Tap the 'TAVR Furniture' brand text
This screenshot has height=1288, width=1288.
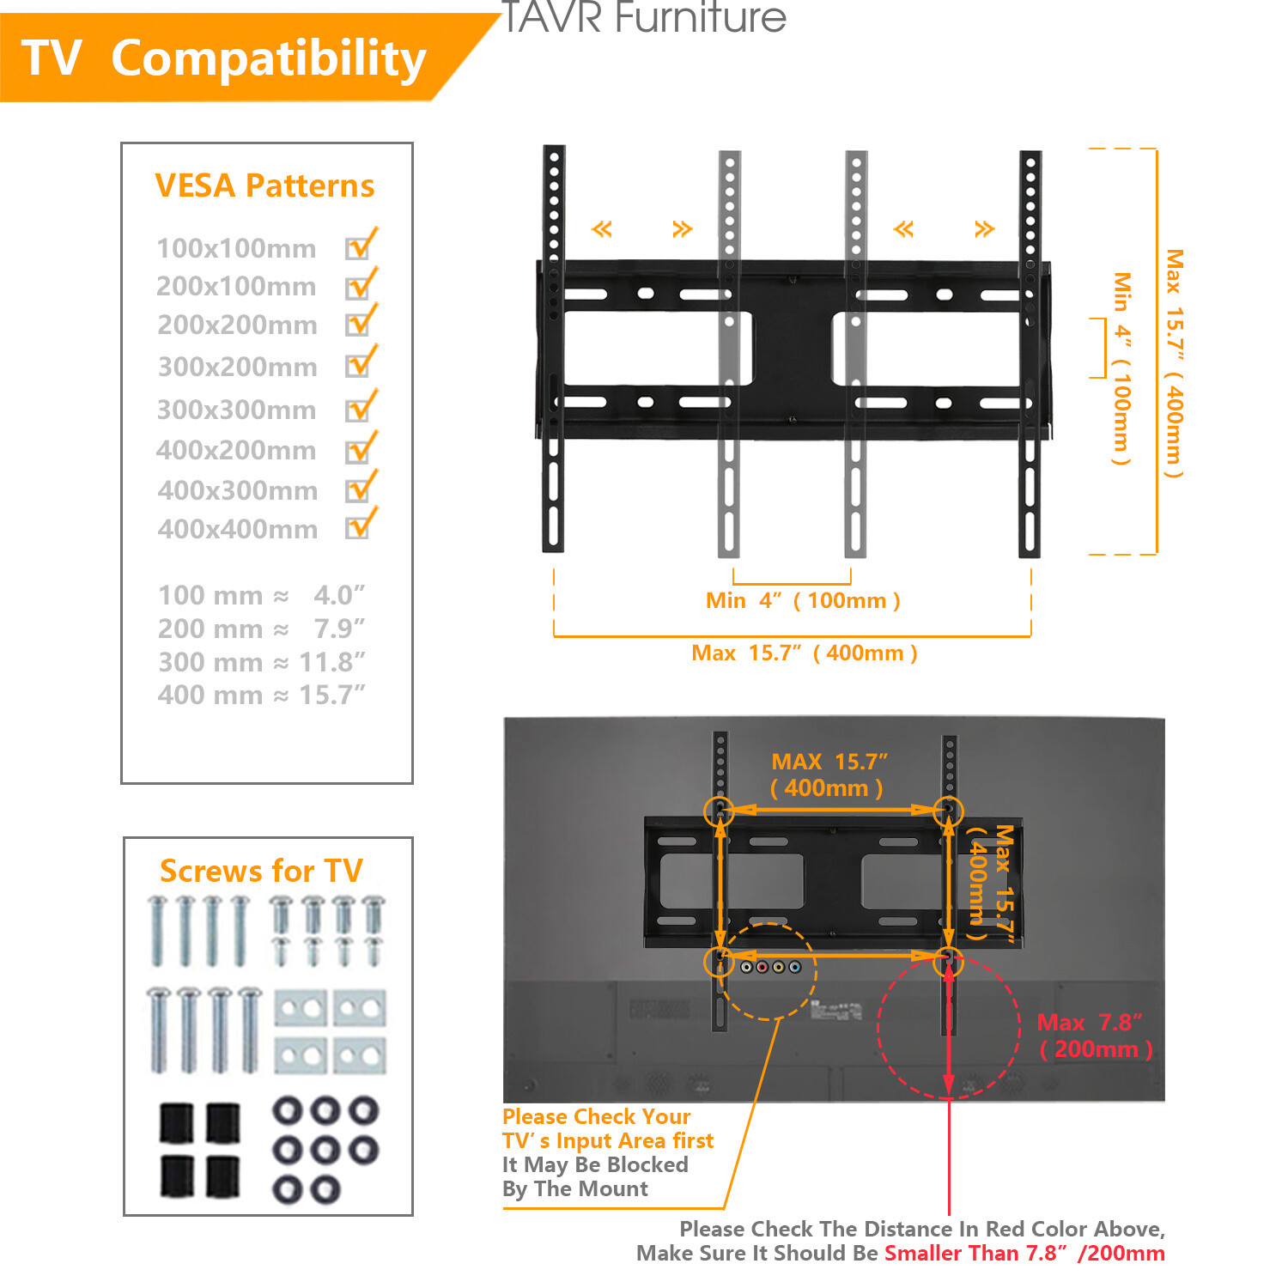643,17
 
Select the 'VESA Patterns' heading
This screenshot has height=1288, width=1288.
264,185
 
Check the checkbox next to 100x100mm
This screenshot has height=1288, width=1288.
358,247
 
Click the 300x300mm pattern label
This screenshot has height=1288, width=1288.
236,410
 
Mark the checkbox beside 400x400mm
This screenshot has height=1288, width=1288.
358,526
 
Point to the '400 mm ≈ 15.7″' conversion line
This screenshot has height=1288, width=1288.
261,695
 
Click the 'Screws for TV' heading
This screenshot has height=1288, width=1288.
261,871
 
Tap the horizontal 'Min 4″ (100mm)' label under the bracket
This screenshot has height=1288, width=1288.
803,600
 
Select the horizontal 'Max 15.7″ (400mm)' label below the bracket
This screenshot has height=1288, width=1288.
805,653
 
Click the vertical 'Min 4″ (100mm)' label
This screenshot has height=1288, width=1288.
1121,369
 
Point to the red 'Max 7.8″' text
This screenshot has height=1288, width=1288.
1090,1022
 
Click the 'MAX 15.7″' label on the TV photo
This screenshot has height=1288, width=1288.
829,762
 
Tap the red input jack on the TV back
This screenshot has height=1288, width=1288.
762,968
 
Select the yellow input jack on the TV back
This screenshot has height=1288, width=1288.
779,968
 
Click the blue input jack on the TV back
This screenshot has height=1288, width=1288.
794,968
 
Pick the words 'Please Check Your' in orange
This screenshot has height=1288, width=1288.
596,1116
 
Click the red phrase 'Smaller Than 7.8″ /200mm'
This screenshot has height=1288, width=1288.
1024,1253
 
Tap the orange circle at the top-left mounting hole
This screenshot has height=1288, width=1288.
719,811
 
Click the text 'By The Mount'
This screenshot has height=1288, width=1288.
575,1188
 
